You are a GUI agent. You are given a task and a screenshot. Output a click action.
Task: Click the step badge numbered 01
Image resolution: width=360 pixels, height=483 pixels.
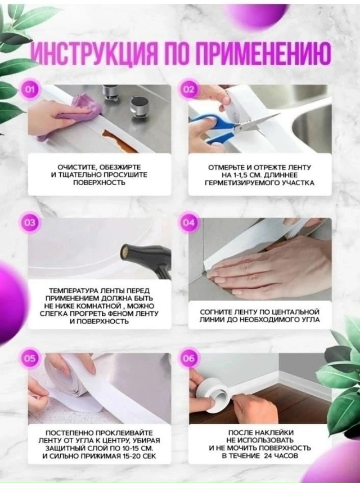click(30, 90)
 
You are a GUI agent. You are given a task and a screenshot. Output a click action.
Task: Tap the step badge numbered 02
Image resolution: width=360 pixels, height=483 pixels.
click(188, 90)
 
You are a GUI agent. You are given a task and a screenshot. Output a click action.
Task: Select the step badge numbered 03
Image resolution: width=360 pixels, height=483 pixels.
click(30, 222)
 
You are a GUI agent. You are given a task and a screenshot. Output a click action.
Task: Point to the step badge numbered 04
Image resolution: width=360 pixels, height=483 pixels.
click(188, 222)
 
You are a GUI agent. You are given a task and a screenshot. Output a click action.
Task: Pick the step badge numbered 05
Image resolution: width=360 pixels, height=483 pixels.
click(30, 358)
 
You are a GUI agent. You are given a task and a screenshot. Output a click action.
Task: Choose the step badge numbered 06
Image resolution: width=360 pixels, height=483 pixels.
click(188, 358)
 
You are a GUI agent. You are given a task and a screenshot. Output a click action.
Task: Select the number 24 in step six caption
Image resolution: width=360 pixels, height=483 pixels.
click(267, 455)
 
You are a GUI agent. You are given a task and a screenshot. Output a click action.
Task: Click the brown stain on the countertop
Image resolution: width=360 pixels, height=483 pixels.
click(119, 141)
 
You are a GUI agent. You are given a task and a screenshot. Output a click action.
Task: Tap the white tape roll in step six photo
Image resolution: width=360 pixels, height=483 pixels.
click(212, 396)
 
